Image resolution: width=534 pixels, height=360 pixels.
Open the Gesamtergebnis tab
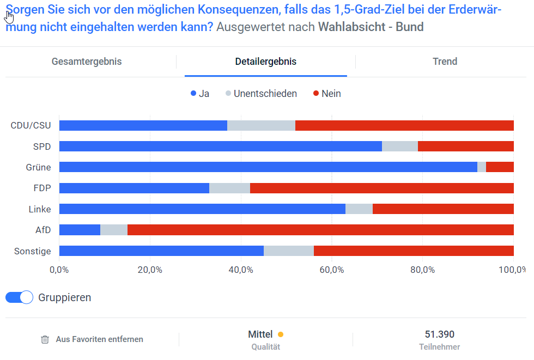87,62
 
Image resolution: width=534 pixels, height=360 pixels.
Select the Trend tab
445,62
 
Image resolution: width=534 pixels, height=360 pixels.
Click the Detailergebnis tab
266,62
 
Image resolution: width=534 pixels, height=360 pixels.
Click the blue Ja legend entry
199,94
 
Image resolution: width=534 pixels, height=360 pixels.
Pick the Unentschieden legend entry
261,94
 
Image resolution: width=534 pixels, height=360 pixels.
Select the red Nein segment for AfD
320,230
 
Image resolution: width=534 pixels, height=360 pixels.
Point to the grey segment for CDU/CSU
261,126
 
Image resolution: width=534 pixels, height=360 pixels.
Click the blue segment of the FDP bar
134,188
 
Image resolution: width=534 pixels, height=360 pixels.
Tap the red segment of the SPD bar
466,147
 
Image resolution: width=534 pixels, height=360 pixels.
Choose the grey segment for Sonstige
289,251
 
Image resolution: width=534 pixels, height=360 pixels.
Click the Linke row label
40,209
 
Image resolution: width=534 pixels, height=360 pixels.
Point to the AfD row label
43,230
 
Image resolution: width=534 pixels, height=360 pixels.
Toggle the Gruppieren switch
20,297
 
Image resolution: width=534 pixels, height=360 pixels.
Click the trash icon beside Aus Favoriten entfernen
45,339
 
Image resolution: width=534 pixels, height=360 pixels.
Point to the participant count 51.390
439,334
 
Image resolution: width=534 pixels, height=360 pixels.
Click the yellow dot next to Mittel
281,334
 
